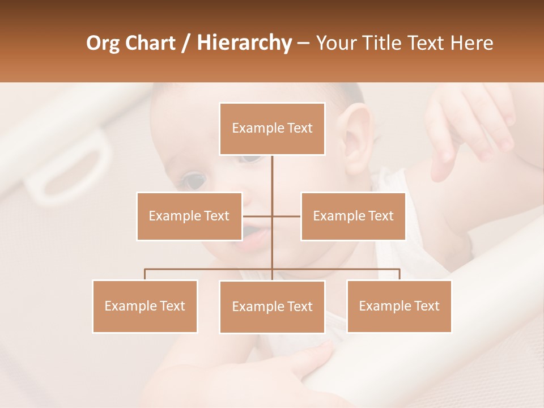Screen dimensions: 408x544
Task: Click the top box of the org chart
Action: pyautogui.click(x=272, y=129)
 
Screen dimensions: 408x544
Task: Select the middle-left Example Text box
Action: pyautogui.click(x=189, y=216)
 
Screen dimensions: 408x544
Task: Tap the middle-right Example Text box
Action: pyautogui.click(x=353, y=216)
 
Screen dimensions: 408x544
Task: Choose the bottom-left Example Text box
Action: pyautogui.click(x=145, y=306)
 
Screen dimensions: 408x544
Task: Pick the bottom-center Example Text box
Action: pyautogui.click(x=272, y=307)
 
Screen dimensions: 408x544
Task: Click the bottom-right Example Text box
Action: pyautogui.click(x=399, y=306)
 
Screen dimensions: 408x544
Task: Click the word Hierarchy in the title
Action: pyautogui.click(x=244, y=42)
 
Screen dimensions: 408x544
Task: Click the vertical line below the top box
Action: pyautogui.click(x=272, y=176)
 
